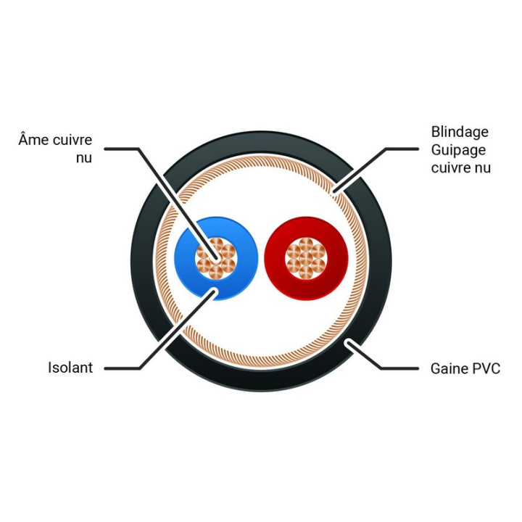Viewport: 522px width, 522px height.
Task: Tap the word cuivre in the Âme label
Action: coord(72,140)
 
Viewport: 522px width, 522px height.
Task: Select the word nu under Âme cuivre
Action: coord(84,158)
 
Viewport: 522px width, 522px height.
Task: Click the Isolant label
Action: coord(70,368)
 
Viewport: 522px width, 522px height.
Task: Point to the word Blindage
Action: coord(460,133)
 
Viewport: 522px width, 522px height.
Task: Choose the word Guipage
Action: coord(458,150)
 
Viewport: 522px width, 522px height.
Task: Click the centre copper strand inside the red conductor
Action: coord(306,258)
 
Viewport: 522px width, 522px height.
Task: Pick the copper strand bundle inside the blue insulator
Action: coord(216,258)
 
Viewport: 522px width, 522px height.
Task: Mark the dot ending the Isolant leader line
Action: coord(213,292)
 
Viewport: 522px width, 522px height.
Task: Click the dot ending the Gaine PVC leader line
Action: coord(348,342)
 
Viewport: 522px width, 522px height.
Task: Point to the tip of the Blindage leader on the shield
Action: coord(335,191)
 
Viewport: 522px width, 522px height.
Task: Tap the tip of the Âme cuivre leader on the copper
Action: coord(216,257)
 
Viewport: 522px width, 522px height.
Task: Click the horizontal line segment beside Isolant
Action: coord(122,368)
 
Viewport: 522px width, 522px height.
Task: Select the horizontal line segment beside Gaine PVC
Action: coord(399,368)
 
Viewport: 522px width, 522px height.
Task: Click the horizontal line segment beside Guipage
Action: coord(402,149)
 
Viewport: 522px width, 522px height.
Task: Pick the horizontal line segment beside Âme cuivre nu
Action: coord(121,149)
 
